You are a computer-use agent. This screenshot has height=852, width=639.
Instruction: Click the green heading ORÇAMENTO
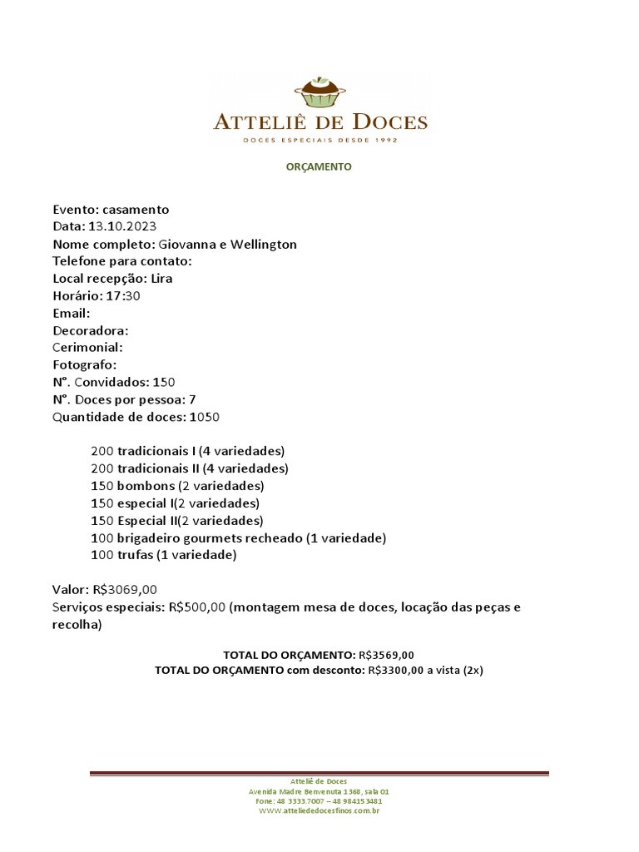coord(319,166)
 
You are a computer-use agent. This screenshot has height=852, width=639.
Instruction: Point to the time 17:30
coord(123,296)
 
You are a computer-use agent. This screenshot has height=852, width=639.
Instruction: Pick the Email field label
coord(72,314)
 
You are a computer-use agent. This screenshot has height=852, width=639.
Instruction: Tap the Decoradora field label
coord(91,330)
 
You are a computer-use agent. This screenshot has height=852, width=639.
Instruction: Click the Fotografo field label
coord(85,365)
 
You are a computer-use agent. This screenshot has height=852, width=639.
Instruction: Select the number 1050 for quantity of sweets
coord(205,417)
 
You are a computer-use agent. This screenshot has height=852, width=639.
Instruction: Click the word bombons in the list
coord(146,486)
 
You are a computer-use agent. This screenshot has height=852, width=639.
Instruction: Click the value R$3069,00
coord(125,590)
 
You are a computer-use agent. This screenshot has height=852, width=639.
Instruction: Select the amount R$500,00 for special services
coord(197,607)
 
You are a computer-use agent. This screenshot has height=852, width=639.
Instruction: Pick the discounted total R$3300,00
coord(395,671)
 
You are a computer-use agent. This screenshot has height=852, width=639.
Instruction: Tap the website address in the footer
coord(319,810)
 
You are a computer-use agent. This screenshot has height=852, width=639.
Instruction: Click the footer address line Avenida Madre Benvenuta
coord(319,791)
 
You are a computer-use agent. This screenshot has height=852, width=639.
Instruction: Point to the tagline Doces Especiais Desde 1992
coord(320,141)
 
